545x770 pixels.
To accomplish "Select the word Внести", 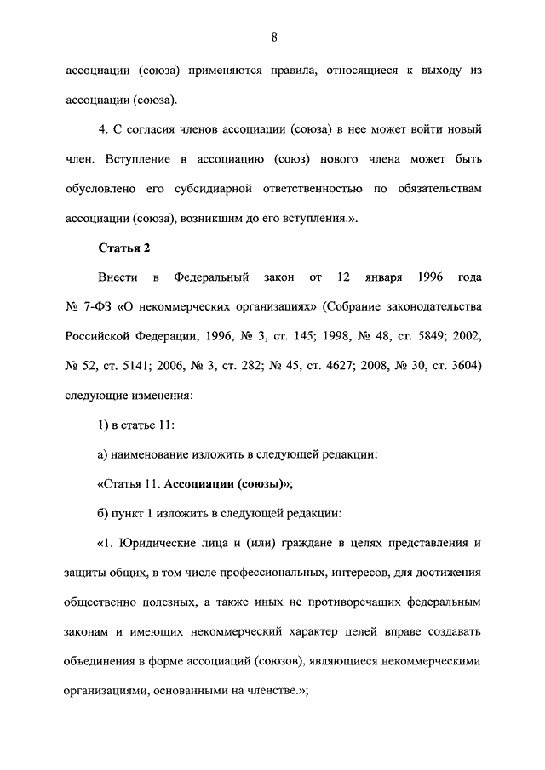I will [x=117, y=277].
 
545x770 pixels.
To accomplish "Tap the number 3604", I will [x=461, y=367].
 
